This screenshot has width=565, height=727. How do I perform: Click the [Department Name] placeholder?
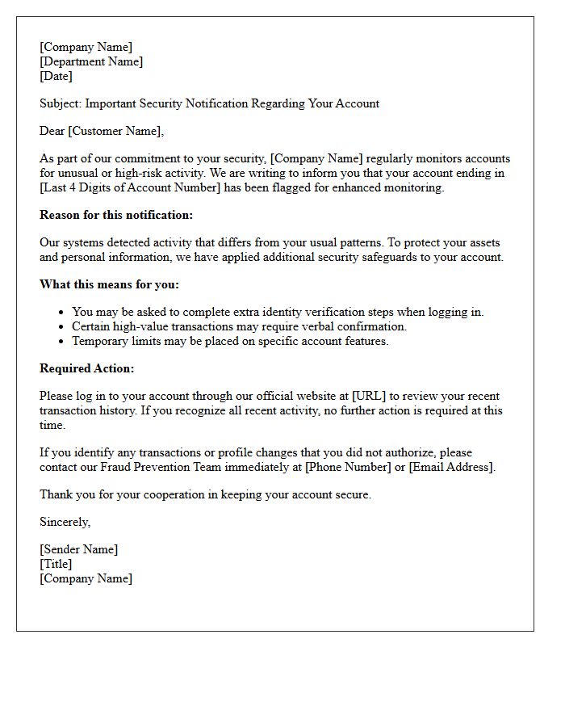click(91, 61)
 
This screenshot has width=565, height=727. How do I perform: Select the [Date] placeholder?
click(56, 76)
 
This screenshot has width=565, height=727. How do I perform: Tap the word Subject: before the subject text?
click(61, 103)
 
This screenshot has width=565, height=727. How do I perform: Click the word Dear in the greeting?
click(53, 131)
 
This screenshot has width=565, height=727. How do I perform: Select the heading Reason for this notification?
click(116, 215)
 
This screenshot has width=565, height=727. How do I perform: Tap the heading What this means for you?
click(110, 284)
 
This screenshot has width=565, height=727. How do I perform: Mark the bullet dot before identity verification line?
click(61, 313)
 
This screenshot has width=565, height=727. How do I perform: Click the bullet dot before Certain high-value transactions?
click(61, 327)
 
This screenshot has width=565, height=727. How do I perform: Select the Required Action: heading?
click(87, 368)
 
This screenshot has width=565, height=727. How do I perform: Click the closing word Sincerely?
click(65, 522)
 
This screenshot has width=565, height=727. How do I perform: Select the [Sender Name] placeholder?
click(78, 549)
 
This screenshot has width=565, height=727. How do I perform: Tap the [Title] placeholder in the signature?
click(56, 564)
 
